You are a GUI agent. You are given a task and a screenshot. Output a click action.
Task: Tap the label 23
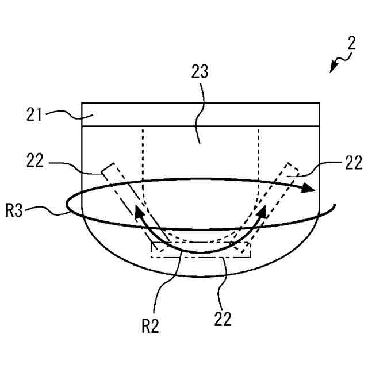[x=200, y=74]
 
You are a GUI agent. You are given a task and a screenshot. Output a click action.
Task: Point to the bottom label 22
[x=223, y=317]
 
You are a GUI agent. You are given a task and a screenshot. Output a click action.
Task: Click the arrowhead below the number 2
[x=333, y=68]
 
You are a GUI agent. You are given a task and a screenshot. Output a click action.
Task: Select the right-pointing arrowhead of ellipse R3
[x=310, y=188]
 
